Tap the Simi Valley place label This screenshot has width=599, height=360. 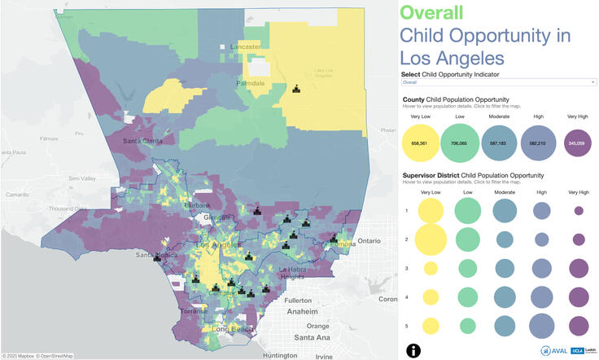(x=82, y=178)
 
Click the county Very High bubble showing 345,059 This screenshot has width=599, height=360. (x=579, y=143)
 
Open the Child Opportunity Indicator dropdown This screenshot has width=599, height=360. (x=499, y=82)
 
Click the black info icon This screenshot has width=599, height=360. (x=413, y=349)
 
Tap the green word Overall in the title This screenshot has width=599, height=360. (x=431, y=12)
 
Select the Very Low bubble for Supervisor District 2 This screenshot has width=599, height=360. (x=431, y=239)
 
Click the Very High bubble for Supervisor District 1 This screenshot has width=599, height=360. (x=579, y=211)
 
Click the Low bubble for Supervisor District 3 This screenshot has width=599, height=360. (x=467, y=268)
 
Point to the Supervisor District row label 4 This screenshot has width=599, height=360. (x=407, y=296)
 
